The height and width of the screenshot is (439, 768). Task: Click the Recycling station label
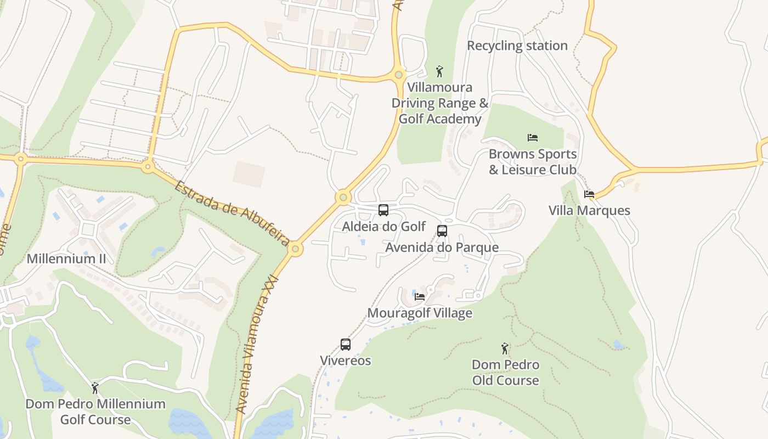coord(517,46)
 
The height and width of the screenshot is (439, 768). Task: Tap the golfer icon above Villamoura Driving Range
coord(439,71)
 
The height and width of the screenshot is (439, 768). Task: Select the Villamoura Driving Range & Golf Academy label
coord(439,103)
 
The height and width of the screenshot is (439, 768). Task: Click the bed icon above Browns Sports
coord(532,138)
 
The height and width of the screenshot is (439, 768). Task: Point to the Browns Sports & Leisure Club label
coord(533,162)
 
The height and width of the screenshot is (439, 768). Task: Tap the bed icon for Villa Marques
coord(589,194)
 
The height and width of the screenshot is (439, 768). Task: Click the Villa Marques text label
coord(590,211)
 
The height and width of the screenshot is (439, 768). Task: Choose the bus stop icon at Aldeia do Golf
coord(383,210)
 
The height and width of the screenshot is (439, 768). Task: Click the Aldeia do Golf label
coord(384,226)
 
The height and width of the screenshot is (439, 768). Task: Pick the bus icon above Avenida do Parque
coord(442,231)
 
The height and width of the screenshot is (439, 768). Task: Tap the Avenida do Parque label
coord(442,247)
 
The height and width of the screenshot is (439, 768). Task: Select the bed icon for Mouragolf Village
coord(420,297)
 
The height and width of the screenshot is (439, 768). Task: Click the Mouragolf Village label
coord(420,313)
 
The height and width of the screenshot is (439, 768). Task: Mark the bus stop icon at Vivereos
coord(346,345)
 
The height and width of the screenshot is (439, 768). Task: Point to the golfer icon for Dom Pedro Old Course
coord(505,348)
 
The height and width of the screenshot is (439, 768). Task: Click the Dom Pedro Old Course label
coord(505,373)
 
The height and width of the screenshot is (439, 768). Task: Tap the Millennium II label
coord(66,258)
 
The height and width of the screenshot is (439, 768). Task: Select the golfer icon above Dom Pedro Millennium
coord(95,388)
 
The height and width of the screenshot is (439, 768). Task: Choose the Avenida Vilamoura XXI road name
coord(257,345)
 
